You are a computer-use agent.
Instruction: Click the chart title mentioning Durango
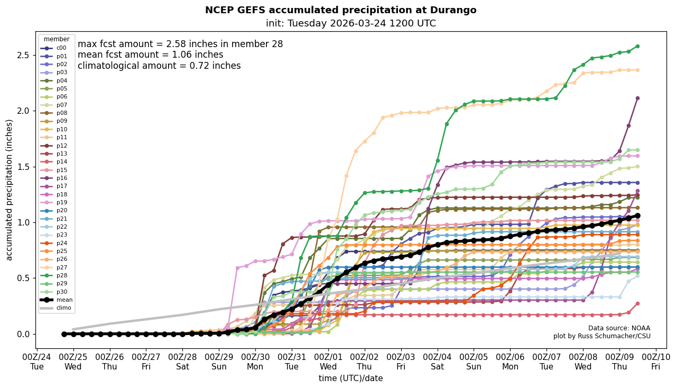click(340, 10)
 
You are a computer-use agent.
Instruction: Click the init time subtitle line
click(351, 23)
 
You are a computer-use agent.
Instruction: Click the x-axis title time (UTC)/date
click(350, 378)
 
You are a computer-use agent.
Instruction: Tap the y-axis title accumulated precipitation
click(9, 190)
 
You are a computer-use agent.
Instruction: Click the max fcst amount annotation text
click(180, 44)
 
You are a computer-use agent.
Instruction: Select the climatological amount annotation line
click(159, 66)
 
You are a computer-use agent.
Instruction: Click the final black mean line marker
click(637, 215)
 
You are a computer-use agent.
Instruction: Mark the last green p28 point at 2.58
click(637, 47)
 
